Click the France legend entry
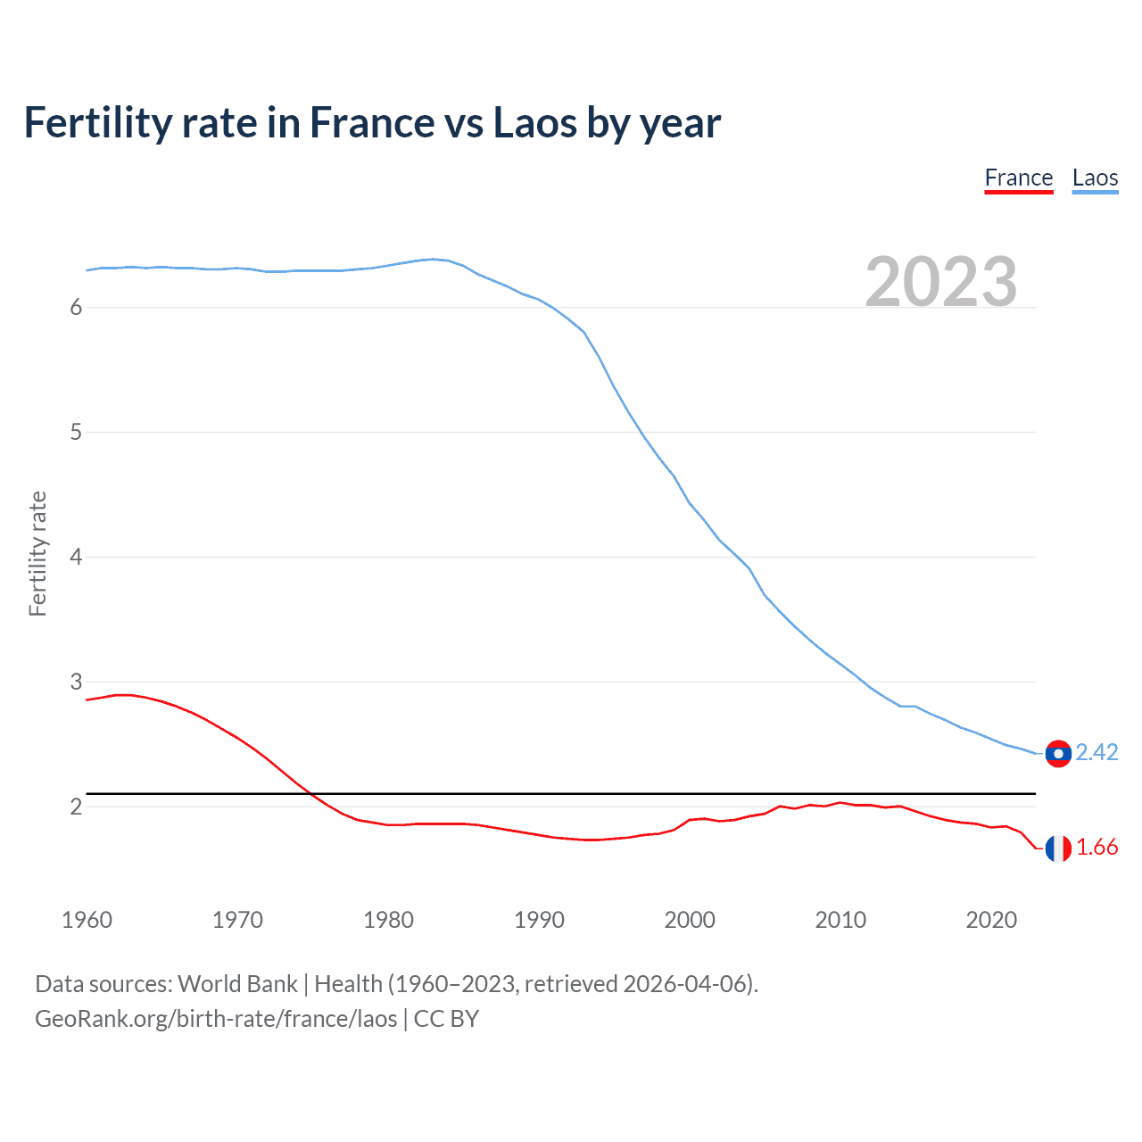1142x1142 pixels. [x=1019, y=178]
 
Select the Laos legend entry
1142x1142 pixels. [x=1095, y=178]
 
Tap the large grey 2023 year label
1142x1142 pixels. [x=941, y=282]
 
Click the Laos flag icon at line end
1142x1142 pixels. [x=1058, y=754]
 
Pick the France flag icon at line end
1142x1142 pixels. [x=1058, y=848]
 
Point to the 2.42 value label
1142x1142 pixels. [x=1096, y=753]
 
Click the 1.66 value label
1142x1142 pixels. [x=1096, y=848]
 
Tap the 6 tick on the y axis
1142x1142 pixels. [x=76, y=308]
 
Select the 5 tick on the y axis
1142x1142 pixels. [x=76, y=433]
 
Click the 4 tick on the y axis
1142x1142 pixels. [x=76, y=558]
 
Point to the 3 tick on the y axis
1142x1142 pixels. [x=76, y=683]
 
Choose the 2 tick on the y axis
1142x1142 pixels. [x=76, y=807]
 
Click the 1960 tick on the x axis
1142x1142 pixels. [x=87, y=920]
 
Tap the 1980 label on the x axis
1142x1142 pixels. [x=388, y=920]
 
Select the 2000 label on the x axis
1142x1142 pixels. [x=690, y=920]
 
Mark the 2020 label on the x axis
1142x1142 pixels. [x=991, y=920]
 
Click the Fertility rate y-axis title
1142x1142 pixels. [x=37, y=553]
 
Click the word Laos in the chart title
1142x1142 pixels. [x=534, y=123]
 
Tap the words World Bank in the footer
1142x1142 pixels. [x=237, y=984]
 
